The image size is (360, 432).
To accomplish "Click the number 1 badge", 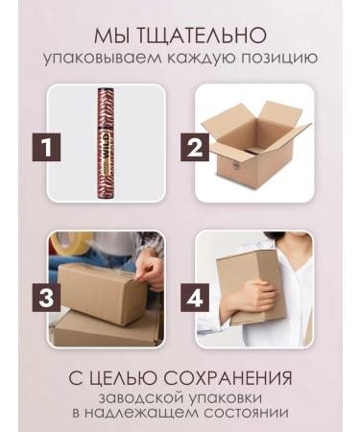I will (x=51, y=150).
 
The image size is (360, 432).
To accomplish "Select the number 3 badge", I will (x=51, y=297).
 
